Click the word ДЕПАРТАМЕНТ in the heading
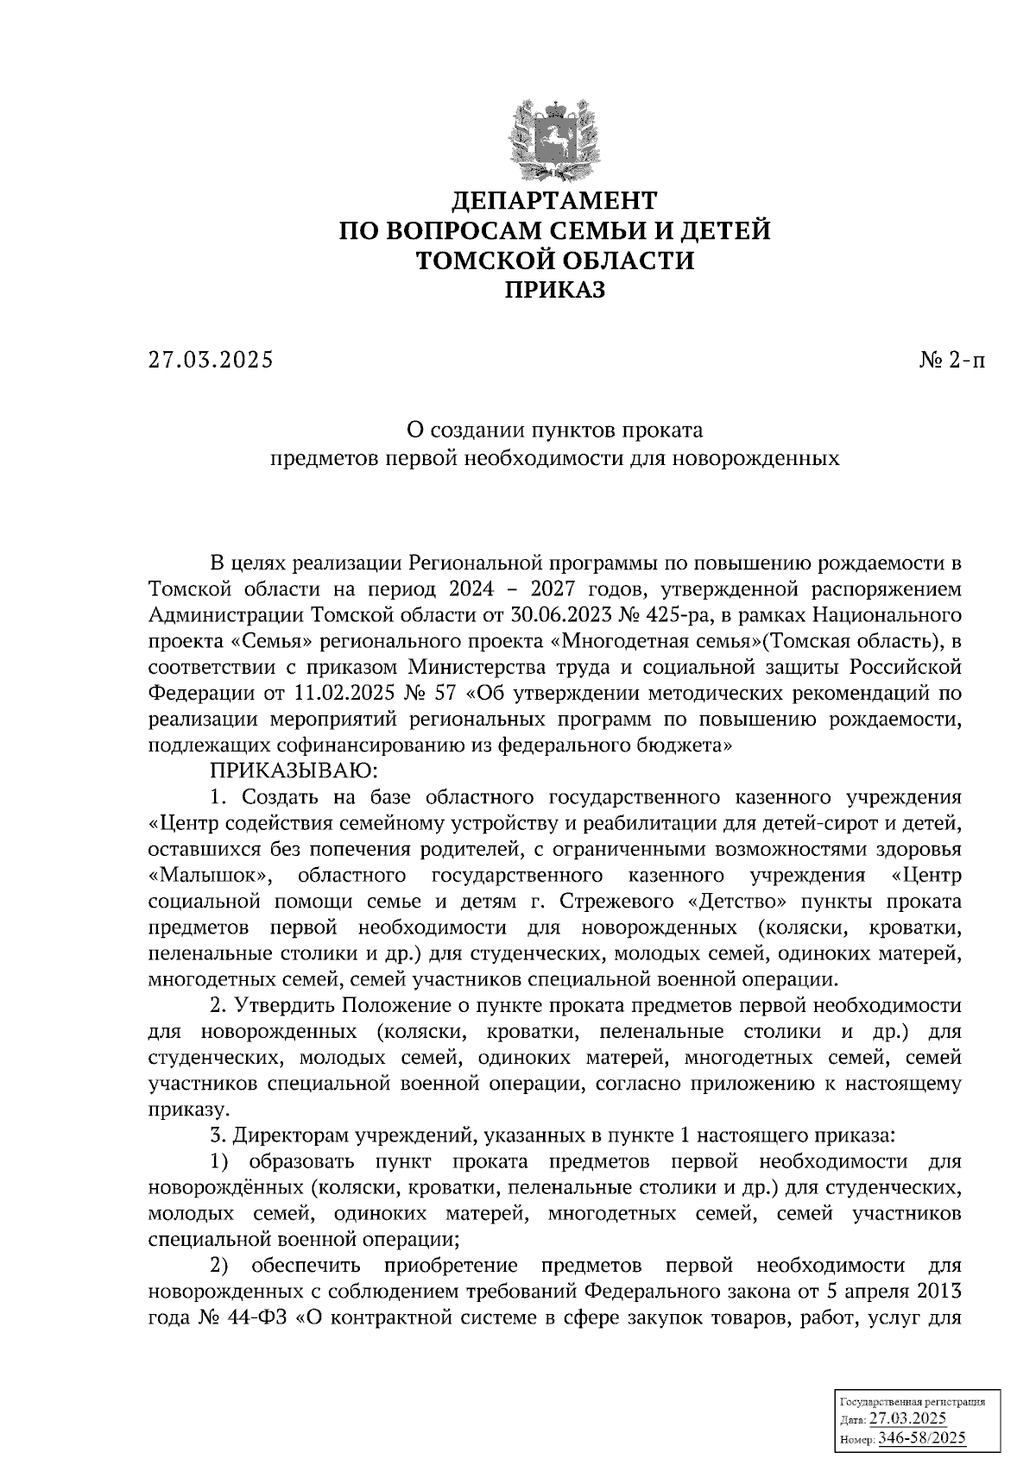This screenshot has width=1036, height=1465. [x=555, y=201]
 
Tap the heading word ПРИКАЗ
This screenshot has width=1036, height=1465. [x=555, y=291]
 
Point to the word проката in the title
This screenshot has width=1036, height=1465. [x=667, y=429]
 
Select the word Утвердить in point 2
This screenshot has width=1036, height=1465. [x=282, y=1006]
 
